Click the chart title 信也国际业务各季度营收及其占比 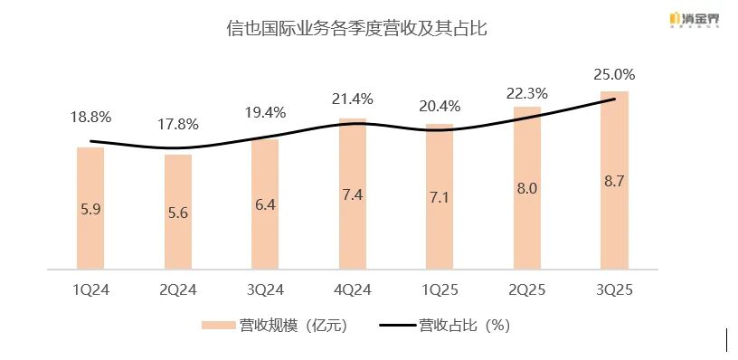click(x=357, y=29)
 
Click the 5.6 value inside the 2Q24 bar click(x=178, y=214)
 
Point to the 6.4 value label click(x=266, y=205)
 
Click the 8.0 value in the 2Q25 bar click(x=527, y=188)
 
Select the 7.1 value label click(x=440, y=197)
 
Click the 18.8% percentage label click(x=90, y=117)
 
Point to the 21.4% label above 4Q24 click(x=353, y=98)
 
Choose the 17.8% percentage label click(x=178, y=124)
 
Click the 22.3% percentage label click(x=527, y=94)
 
